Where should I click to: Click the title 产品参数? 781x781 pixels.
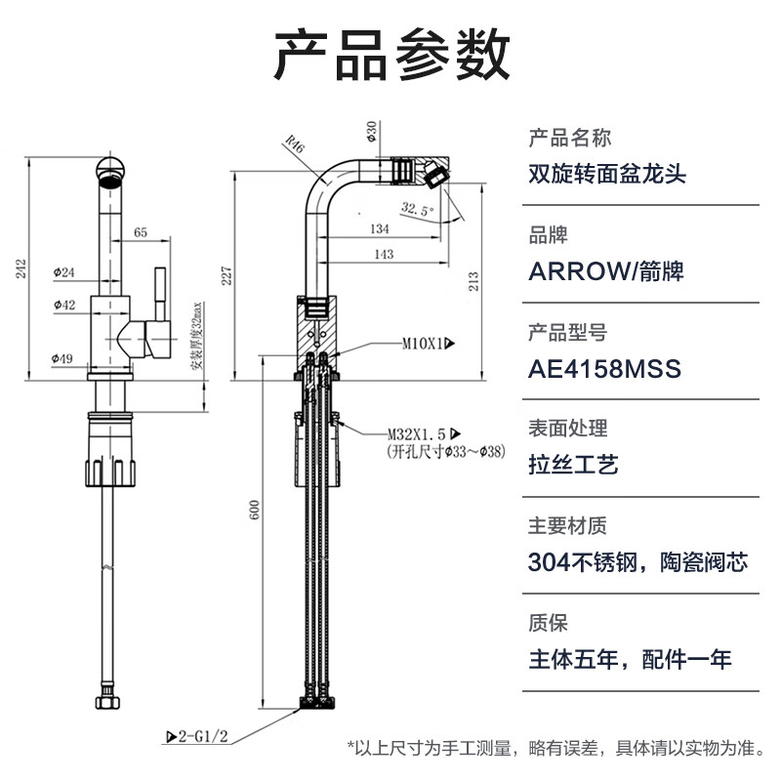click(390, 56)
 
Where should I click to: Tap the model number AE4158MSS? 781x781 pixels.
click(603, 369)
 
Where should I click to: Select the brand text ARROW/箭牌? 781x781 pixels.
click(605, 270)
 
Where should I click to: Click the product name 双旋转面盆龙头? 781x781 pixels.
click(606, 175)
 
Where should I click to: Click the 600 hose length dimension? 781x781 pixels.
click(256, 512)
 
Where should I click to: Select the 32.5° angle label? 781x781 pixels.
click(417, 208)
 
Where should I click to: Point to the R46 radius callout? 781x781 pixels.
click(294, 146)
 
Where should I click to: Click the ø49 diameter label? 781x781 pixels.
click(63, 358)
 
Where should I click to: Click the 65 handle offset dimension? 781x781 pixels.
click(141, 232)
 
